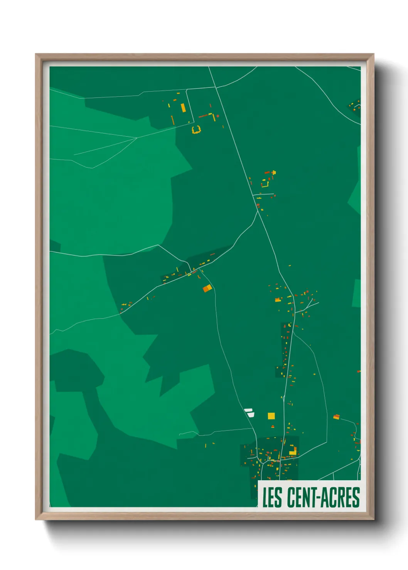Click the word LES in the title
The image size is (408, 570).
coord(272,497)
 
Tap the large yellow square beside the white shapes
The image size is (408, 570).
coord(271,416)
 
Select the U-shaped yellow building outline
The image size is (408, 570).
coord(196,130)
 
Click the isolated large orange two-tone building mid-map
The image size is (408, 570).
coord(207,288)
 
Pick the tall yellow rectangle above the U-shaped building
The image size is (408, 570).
coord(183,107)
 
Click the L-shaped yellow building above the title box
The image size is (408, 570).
coord(293,451)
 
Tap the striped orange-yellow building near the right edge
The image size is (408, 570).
coord(336,417)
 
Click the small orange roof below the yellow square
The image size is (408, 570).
coord(273,426)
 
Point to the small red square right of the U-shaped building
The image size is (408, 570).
coord(218,116)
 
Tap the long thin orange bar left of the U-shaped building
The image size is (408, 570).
coord(173,120)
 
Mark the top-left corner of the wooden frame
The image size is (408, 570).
coord(36,54)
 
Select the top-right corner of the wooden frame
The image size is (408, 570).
coord(374,54)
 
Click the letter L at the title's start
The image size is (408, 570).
coord(266,497)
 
